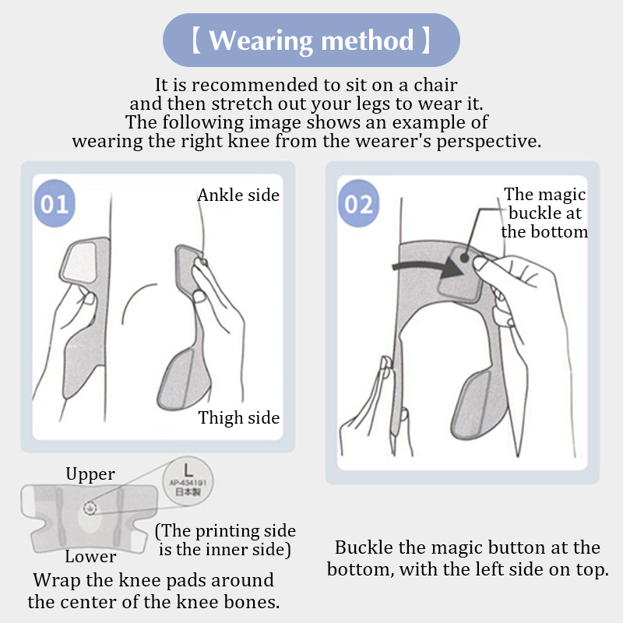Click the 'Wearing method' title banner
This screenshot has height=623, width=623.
(x=311, y=40)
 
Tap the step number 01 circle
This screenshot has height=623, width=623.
(x=55, y=203)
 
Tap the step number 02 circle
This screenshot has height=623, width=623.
(x=358, y=203)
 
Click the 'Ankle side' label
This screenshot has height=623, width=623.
(x=238, y=195)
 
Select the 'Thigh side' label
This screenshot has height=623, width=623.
(x=239, y=417)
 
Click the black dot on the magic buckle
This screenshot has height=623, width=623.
(x=464, y=258)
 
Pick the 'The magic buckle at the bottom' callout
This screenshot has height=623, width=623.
(x=544, y=213)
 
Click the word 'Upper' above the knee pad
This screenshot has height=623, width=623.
(x=90, y=474)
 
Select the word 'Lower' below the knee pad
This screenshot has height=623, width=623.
(x=90, y=557)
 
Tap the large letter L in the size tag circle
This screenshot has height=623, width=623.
(x=188, y=470)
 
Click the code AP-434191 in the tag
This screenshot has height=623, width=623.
(x=188, y=483)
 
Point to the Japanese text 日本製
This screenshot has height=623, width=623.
(x=188, y=492)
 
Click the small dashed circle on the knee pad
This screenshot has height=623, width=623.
(x=90, y=508)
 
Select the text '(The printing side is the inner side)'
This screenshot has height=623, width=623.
(x=225, y=540)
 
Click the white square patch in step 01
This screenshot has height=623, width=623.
(x=80, y=262)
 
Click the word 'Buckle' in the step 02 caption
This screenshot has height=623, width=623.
(x=364, y=547)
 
